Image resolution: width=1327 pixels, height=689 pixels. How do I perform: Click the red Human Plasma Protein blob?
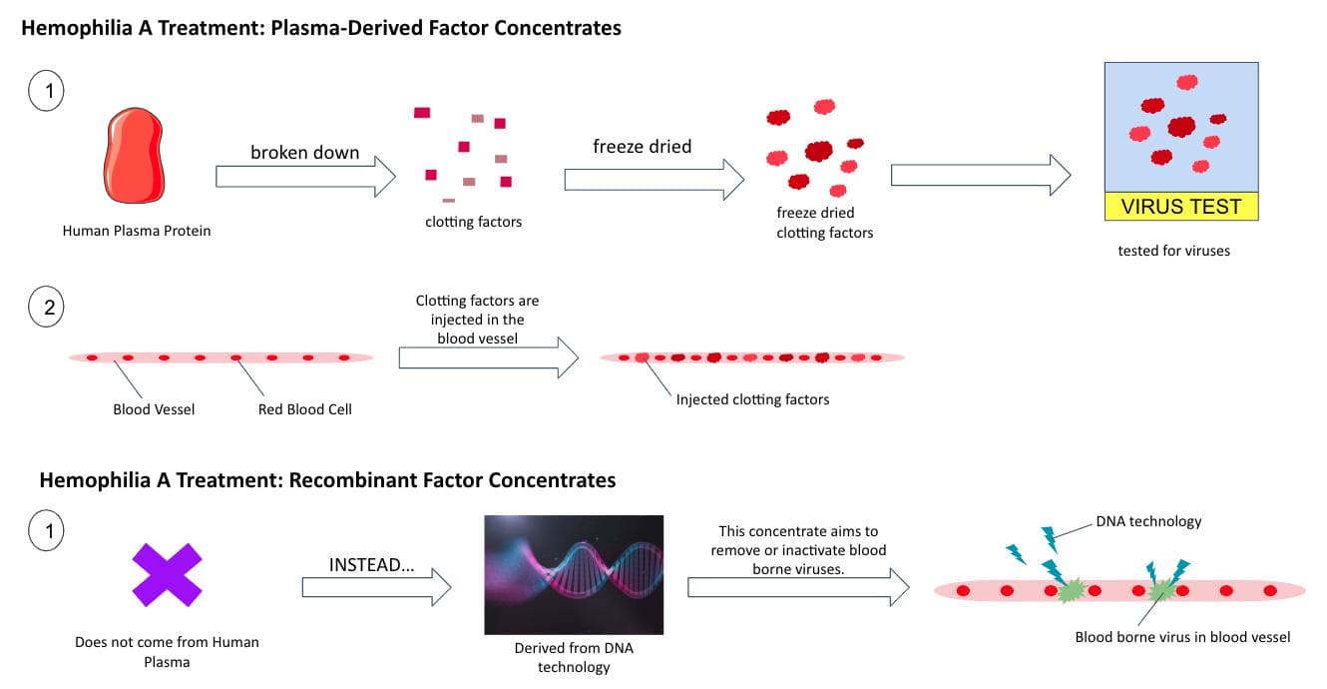click(x=134, y=156)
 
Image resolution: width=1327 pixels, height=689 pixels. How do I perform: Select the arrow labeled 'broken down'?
click(x=305, y=177)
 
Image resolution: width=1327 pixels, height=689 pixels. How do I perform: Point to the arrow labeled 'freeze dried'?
click(x=655, y=179)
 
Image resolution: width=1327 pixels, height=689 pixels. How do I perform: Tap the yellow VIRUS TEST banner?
click(x=1181, y=207)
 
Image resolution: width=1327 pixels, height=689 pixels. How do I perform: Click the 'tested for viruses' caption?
click(x=1173, y=251)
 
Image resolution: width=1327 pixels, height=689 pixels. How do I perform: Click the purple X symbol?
click(x=167, y=574)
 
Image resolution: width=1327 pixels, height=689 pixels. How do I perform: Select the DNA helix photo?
click(x=574, y=574)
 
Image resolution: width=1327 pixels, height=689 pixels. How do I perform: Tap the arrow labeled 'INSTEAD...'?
click(x=377, y=587)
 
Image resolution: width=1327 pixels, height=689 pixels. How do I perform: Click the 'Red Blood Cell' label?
click(x=304, y=409)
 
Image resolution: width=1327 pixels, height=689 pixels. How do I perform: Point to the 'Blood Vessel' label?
click(x=154, y=409)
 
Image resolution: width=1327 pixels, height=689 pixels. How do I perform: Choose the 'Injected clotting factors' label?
click(x=752, y=399)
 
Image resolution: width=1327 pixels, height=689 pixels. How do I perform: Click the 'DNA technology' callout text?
click(x=1148, y=521)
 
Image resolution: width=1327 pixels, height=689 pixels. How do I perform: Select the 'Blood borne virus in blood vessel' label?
click(x=1182, y=637)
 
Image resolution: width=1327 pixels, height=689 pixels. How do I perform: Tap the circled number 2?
click(x=46, y=307)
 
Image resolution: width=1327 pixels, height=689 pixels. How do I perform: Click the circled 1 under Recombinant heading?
click(x=46, y=530)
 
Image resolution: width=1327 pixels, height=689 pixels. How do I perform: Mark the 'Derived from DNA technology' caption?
click(x=574, y=658)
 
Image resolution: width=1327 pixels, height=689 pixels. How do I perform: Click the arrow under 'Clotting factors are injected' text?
click(x=489, y=357)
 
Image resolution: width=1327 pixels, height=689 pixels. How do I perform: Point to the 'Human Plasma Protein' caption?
click(x=137, y=231)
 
